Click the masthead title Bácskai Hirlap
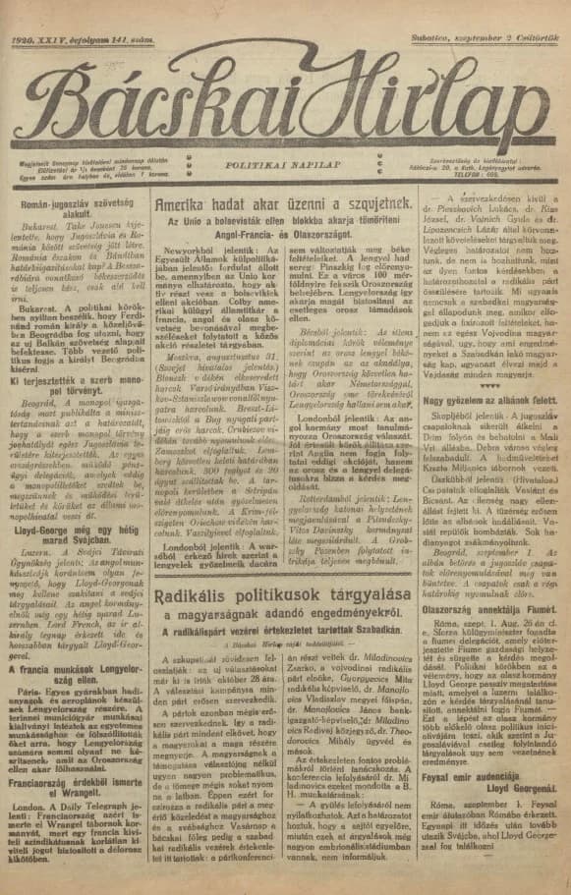pos(285,92)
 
